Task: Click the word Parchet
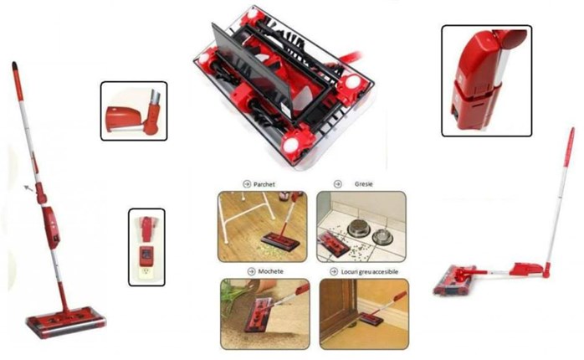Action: (264, 184)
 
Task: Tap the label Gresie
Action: (363, 183)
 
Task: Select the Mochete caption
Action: (271, 271)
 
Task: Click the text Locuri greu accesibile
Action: (370, 272)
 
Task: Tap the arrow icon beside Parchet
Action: (247, 184)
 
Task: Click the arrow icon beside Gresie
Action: (338, 183)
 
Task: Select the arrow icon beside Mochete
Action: (251, 271)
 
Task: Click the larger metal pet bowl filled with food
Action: (359, 228)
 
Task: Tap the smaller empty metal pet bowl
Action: (382, 237)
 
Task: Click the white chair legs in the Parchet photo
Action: (246, 216)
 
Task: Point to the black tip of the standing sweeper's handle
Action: (14, 66)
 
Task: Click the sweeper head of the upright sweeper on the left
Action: (66, 322)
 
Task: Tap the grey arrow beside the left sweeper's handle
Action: (28, 188)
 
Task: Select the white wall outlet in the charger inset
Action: (146, 274)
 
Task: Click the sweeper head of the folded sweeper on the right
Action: (455, 280)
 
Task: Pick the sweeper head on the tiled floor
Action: (333, 244)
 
